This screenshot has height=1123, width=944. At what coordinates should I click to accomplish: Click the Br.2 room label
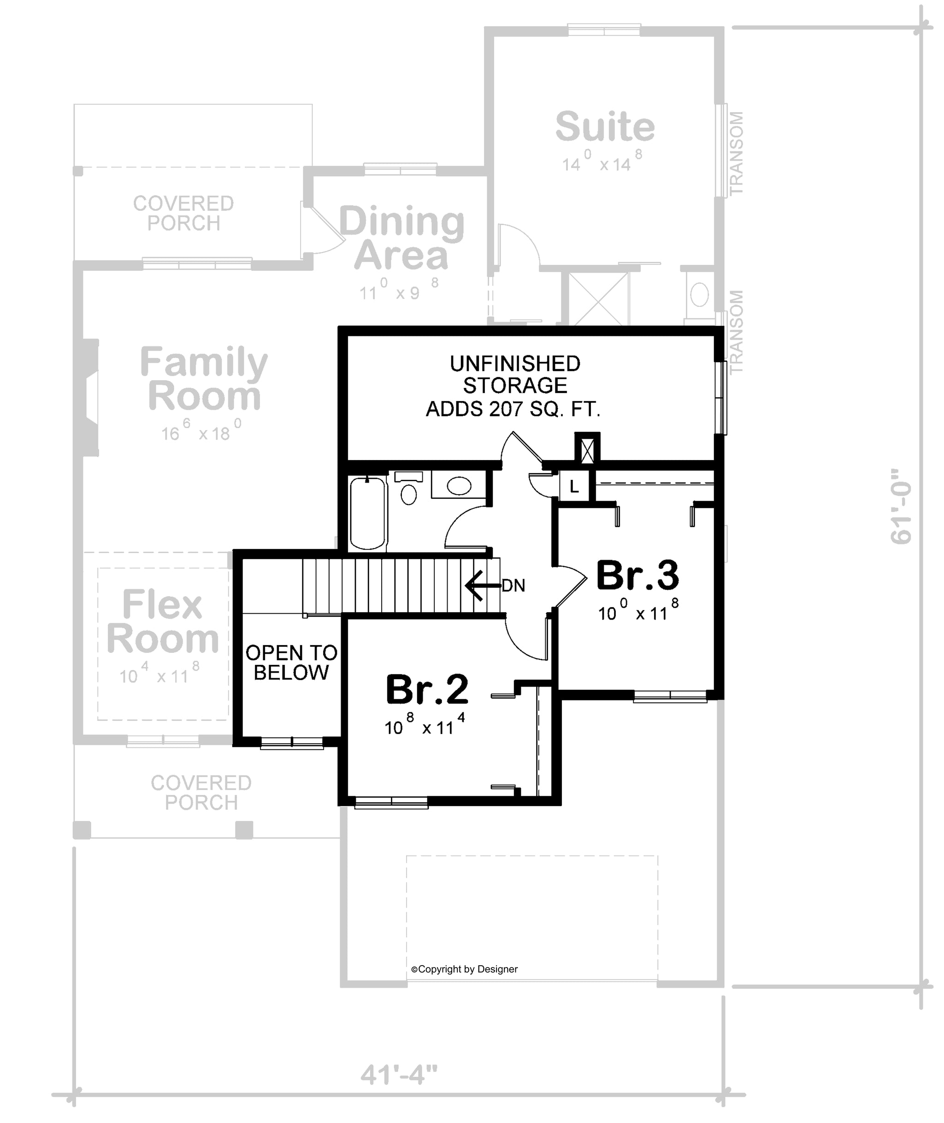click(427, 690)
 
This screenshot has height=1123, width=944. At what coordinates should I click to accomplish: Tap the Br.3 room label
click(637, 575)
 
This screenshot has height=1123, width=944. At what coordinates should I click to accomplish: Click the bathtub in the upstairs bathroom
click(368, 513)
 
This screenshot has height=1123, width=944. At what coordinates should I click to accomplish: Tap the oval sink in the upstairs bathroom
click(459, 486)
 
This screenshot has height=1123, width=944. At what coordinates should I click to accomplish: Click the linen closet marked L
click(574, 486)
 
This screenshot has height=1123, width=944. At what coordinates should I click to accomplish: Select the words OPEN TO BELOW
click(291, 663)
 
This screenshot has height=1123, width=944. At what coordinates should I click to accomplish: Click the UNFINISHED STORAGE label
click(515, 374)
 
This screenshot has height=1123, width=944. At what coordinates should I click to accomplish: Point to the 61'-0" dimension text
click(901, 507)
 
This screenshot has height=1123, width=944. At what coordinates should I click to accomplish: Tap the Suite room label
click(605, 127)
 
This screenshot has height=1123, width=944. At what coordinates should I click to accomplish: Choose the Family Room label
click(204, 378)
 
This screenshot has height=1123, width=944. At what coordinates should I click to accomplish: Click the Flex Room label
click(163, 621)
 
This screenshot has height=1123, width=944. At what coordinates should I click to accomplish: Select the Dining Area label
click(401, 239)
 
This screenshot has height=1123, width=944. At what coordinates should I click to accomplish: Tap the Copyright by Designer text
click(465, 969)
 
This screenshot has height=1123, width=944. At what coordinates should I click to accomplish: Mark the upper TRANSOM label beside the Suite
click(737, 153)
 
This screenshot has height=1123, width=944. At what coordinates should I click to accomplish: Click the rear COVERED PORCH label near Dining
click(183, 213)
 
